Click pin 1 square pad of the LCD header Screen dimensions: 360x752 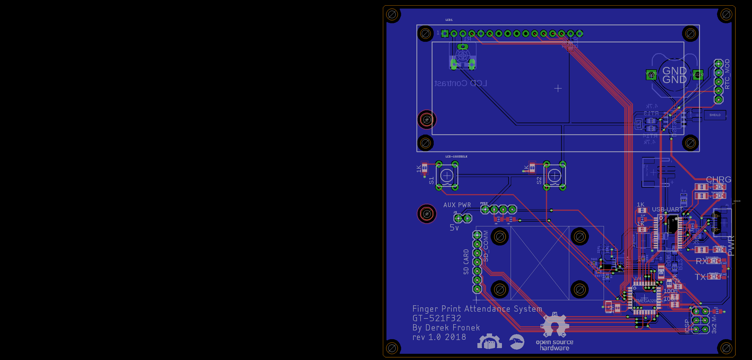445,34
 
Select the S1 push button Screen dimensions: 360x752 447,176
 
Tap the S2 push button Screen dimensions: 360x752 554,176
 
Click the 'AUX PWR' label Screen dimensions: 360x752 457,205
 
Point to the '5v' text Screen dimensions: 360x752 454,228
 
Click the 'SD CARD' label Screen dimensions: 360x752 466,262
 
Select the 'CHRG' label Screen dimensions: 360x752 718,179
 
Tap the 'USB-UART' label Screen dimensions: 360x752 667,209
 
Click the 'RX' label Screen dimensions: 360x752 701,261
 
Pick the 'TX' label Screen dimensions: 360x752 700,277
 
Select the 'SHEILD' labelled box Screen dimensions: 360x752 715,115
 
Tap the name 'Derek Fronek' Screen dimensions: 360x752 452,328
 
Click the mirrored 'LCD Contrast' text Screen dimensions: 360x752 461,83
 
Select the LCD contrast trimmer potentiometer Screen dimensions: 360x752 462,57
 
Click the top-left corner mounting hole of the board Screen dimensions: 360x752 392,14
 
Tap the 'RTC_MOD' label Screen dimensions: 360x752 727,74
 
